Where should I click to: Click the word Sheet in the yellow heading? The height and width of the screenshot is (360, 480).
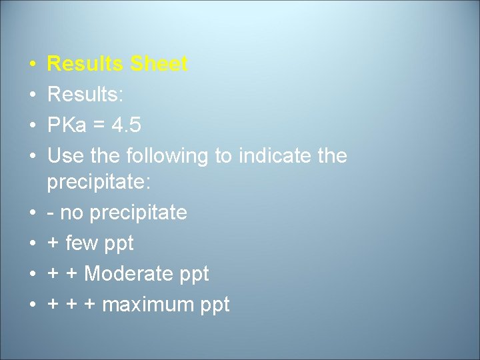[x=159, y=65]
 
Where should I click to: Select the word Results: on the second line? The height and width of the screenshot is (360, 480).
[x=85, y=95]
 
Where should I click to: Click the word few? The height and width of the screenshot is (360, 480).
[x=83, y=243]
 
